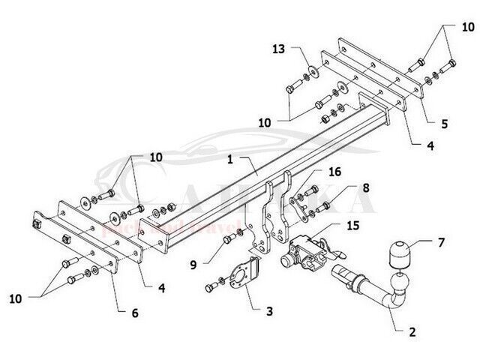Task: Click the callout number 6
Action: pos(135,313)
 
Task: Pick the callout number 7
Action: pos(441,242)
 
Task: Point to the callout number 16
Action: pos(334,172)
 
